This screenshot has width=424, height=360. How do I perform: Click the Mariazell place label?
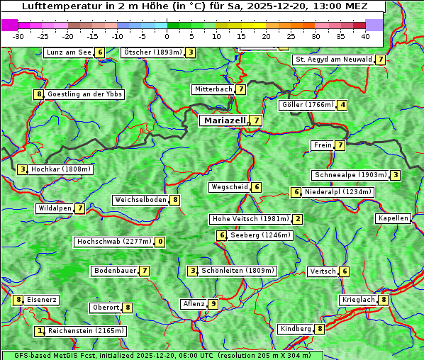224,120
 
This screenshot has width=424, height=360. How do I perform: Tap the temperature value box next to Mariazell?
256,120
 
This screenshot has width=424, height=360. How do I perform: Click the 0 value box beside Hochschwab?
161,242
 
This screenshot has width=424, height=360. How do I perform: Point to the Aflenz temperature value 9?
213,304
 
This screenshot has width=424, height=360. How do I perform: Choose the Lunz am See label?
69,52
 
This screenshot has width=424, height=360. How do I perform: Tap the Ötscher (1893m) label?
152,52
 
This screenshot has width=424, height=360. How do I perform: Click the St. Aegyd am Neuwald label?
333,60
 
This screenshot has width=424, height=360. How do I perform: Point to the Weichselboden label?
140,200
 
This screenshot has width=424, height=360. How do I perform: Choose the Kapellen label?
393,218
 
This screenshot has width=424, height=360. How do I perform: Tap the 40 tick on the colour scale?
365,36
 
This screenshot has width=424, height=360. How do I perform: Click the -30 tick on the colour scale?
18,36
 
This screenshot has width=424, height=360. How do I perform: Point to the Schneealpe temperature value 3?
395,175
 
